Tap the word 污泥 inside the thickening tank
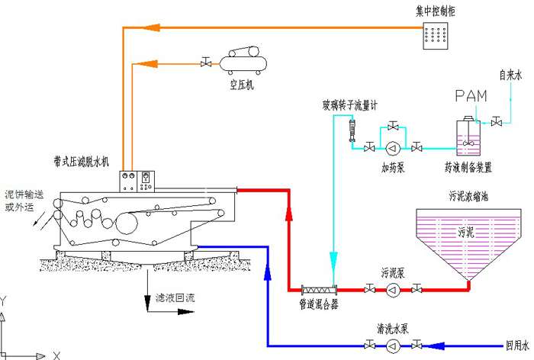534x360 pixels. click(x=467, y=231)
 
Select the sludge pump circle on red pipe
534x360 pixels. click(x=393, y=290)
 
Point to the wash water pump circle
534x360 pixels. click(x=393, y=346)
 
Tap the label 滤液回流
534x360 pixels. click(x=175, y=297)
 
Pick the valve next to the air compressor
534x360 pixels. click(x=205, y=63)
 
